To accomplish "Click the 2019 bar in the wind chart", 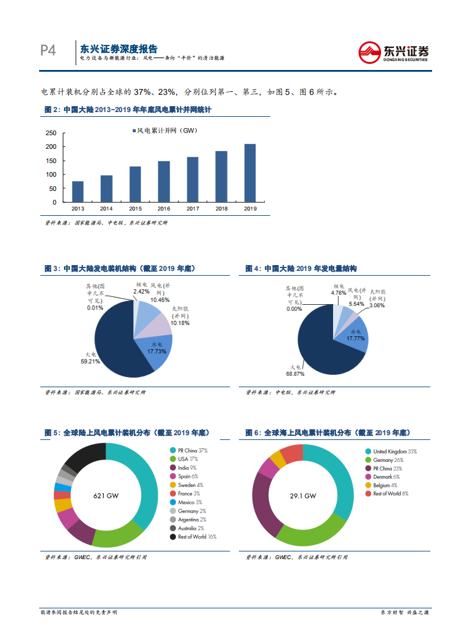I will [250, 173].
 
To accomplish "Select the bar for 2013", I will [78, 192].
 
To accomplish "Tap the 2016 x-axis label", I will [164, 209].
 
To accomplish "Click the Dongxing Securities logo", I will [394, 52].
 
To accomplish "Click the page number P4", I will [48, 51].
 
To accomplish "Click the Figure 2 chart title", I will [128, 110].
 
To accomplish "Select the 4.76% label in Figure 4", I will [338, 292].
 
